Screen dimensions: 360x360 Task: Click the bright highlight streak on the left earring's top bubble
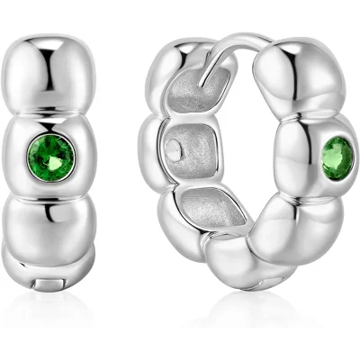click(40, 72)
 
